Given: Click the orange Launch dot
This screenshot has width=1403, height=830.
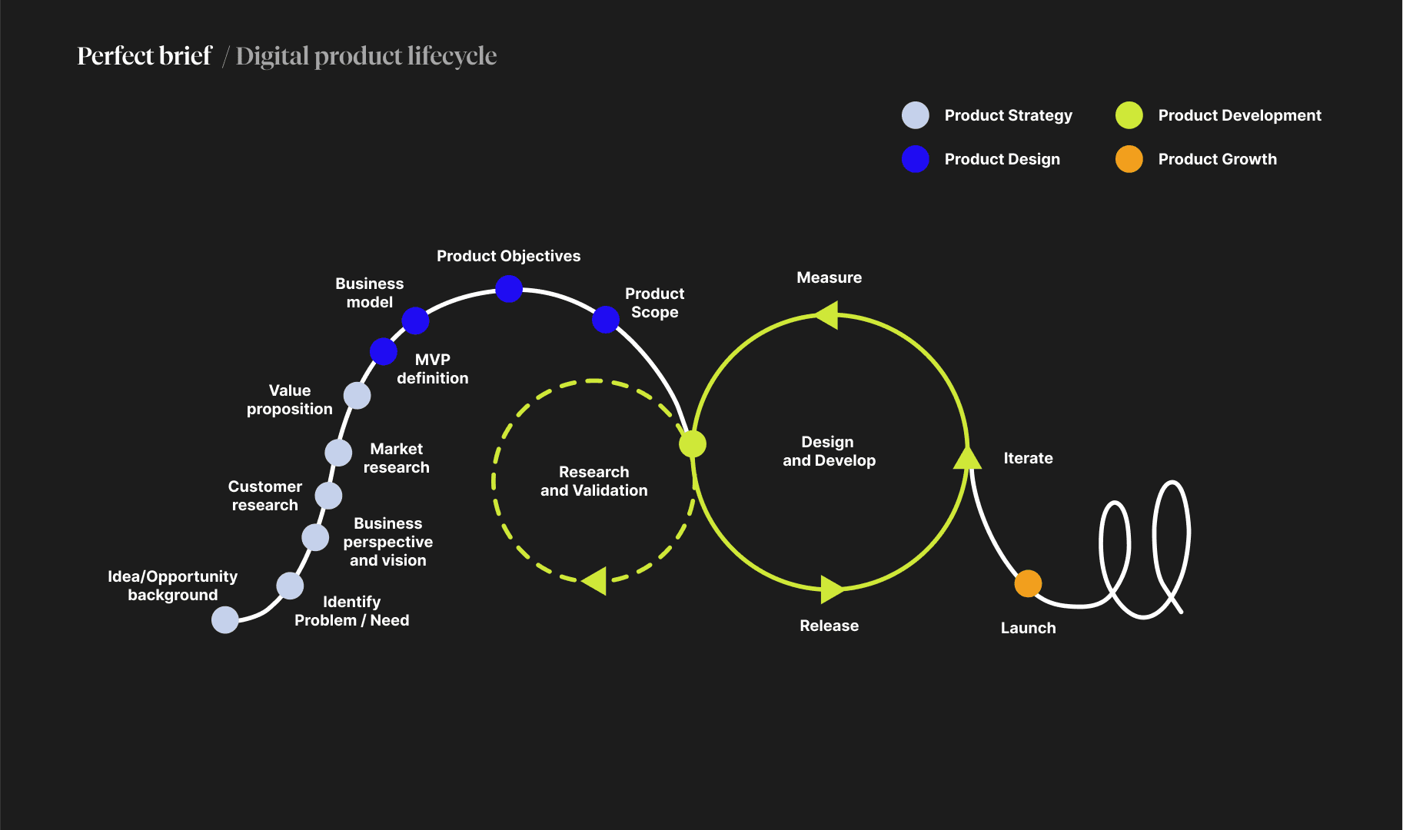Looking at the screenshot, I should (x=1028, y=583).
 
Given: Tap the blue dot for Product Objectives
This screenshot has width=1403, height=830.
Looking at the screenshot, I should (x=509, y=289).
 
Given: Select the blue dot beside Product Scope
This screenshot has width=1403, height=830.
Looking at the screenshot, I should (x=606, y=319).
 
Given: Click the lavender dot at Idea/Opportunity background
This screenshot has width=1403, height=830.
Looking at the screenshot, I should (x=225, y=619).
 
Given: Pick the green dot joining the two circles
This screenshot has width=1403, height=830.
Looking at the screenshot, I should (x=692, y=443).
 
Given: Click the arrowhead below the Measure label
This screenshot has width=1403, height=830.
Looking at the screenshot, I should (x=827, y=314).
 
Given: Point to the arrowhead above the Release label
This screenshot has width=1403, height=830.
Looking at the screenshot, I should (x=831, y=589).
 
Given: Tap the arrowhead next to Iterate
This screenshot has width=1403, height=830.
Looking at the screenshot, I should (x=967, y=458).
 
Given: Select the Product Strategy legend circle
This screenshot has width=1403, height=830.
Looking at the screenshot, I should (x=915, y=115).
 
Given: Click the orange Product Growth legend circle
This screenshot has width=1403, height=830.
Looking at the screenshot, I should (x=1129, y=159).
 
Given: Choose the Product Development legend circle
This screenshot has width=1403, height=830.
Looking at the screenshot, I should (x=1129, y=115).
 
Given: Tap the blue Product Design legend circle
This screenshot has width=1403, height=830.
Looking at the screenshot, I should (x=915, y=159).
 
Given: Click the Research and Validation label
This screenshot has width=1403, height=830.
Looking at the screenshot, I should (x=593, y=481).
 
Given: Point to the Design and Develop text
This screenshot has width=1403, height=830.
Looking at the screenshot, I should (x=829, y=451).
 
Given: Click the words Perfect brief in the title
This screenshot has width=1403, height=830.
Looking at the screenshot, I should (x=145, y=56).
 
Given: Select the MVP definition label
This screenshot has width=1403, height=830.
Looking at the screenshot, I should (x=432, y=369).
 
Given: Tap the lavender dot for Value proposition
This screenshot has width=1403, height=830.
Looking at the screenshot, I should (x=357, y=396).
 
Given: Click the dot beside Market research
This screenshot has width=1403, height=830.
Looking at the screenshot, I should (x=338, y=453).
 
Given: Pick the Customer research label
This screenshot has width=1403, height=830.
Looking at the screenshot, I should (x=264, y=496).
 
